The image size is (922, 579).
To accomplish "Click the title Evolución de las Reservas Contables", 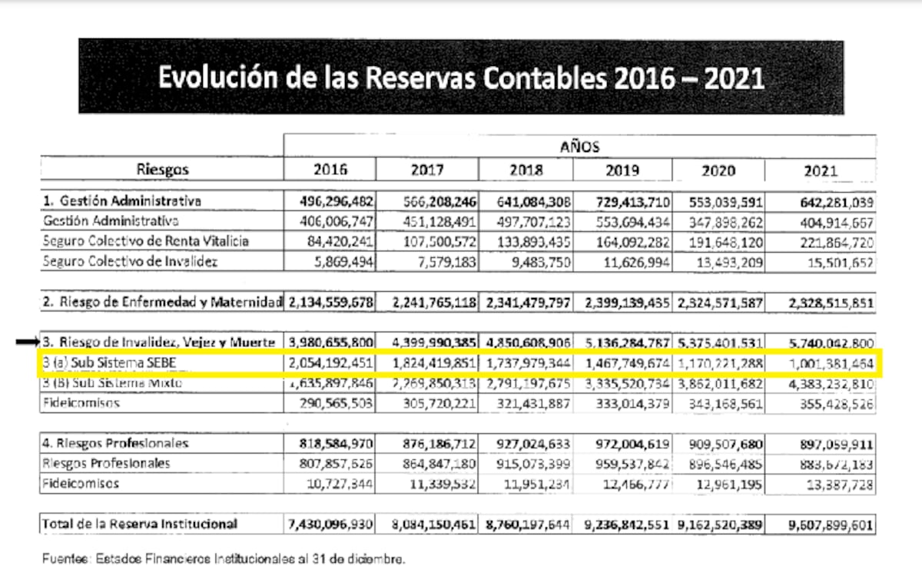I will [x=461, y=78].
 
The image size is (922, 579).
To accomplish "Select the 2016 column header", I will [x=330, y=170].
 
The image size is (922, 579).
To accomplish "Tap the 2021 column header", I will [x=820, y=170].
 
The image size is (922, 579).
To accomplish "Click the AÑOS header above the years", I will [x=580, y=146].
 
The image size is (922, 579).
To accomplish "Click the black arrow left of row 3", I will [x=27, y=342].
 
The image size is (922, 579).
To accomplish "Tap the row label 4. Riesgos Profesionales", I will [x=116, y=443].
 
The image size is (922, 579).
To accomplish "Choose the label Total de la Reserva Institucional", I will [x=141, y=524].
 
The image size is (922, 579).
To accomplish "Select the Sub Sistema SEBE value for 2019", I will [x=625, y=362].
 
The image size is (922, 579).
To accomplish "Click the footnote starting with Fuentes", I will [x=223, y=558].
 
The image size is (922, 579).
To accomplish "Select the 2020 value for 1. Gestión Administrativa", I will [x=720, y=201].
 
